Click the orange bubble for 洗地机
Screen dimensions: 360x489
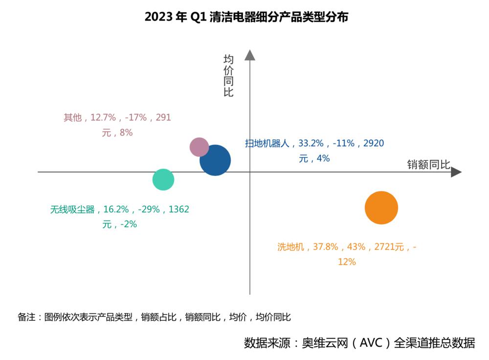[381, 208]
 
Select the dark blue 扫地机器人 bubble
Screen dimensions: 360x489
[215, 160]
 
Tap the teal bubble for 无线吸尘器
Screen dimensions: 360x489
[163, 180]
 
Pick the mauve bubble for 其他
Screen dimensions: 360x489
[199, 147]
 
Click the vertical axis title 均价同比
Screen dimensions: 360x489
[228, 76]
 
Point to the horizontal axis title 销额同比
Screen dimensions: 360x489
[428, 165]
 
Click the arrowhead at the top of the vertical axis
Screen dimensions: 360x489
[250, 55]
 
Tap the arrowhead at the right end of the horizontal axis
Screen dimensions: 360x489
[456, 172]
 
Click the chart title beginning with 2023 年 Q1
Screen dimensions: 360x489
[246, 17]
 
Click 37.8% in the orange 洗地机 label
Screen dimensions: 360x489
[326, 247]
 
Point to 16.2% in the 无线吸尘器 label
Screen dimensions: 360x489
[116, 209]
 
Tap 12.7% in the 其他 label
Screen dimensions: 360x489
[103, 117]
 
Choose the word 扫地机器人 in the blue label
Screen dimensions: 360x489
[267, 143]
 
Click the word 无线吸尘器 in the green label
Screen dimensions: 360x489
[72, 209]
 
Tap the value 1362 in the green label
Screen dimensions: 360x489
[178, 209]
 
